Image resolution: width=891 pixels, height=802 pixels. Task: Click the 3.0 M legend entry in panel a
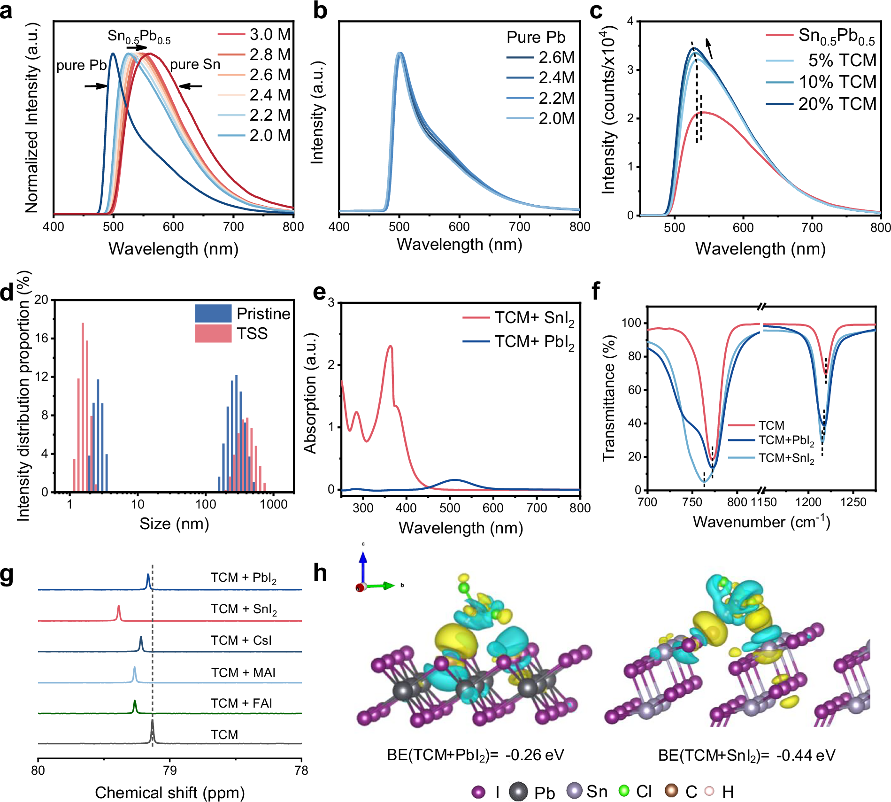click(x=269, y=34)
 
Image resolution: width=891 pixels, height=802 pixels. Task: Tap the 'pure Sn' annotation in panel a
click(x=195, y=64)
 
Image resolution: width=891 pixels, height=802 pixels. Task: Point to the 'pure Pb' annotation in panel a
click(x=81, y=65)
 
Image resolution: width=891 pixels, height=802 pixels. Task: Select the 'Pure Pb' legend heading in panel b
click(x=536, y=37)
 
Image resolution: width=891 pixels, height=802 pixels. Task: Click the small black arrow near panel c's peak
click(x=709, y=49)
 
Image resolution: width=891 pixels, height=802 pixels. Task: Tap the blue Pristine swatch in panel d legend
click(x=213, y=313)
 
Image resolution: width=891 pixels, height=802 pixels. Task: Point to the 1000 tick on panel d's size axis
click(x=273, y=504)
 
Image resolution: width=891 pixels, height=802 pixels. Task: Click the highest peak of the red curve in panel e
click(x=390, y=347)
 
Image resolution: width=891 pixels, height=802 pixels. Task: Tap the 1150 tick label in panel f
click(x=763, y=502)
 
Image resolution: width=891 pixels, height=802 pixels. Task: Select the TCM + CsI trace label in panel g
click(x=241, y=640)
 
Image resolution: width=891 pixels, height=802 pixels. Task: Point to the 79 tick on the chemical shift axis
click(x=169, y=771)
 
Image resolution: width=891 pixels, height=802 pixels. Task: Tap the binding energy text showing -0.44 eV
click(x=746, y=755)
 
